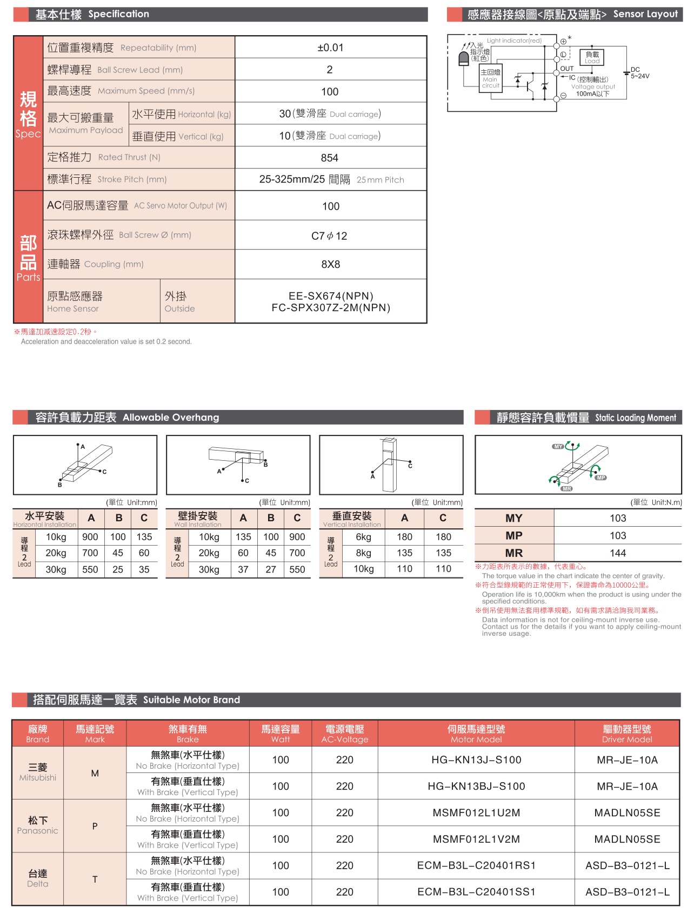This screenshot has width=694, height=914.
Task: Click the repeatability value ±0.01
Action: (x=330, y=48)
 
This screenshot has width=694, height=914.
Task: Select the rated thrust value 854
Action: (x=330, y=158)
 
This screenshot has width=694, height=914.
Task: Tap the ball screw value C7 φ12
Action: (x=329, y=236)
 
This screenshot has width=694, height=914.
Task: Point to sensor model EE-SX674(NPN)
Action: (x=331, y=296)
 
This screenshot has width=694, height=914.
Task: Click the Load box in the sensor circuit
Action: (x=592, y=57)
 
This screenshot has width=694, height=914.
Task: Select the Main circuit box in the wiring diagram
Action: (x=491, y=79)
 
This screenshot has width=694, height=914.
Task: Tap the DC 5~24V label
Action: (x=639, y=73)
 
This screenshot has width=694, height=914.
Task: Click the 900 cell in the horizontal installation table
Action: (x=90, y=537)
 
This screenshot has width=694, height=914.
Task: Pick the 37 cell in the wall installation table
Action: (x=243, y=569)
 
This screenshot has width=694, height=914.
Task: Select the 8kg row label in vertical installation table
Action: (x=364, y=553)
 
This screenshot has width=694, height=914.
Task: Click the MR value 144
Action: (x=618, y=553)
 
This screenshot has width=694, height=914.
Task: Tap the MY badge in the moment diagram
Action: (x=558, y=447)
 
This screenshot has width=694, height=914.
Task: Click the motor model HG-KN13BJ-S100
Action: (x=476, y=786)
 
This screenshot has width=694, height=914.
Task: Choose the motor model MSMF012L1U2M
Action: (x=476, y=812)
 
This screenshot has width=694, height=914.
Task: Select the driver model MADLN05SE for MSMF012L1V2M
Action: (x=627, y=839)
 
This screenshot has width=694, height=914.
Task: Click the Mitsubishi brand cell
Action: (x=38, y=772)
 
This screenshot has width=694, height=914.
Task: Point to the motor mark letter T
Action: (x=95, y=879)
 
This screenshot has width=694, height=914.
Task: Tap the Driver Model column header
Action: (x=627, y=734)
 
